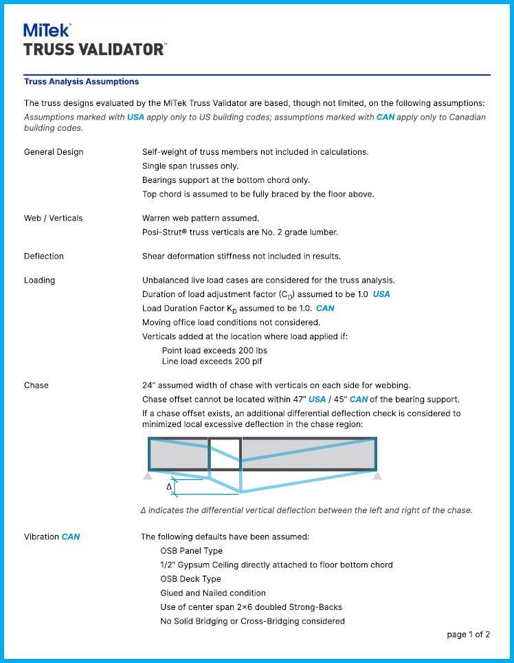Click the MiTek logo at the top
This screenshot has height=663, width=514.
47,30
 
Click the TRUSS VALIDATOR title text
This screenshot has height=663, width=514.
94,50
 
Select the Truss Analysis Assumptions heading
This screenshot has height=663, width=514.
81,82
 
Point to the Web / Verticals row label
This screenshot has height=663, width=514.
53,218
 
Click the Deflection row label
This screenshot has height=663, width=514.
44,257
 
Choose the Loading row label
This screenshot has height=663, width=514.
40,281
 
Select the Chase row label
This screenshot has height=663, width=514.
36,385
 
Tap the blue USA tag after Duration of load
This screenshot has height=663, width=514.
381,294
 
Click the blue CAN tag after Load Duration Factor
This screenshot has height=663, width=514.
325,308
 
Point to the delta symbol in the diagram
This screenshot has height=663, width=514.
169,487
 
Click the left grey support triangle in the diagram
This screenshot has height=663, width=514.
148,475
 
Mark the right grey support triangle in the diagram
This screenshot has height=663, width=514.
377,475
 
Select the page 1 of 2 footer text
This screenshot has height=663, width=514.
468,635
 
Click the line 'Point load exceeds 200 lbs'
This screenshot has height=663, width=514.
214,350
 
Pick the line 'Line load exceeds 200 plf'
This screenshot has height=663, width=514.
212,361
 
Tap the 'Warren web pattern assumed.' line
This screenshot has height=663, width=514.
201,218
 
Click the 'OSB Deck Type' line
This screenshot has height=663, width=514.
190,579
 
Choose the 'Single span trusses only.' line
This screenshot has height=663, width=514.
190,166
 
